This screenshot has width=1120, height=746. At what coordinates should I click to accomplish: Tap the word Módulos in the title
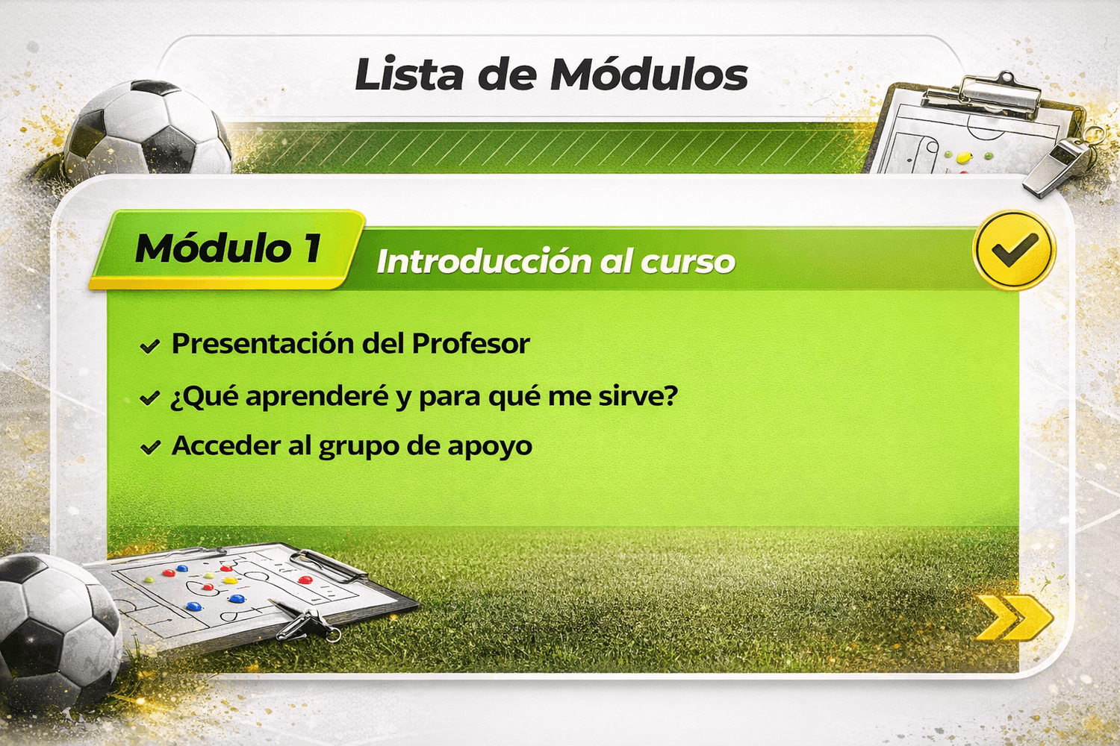tap(650, 74)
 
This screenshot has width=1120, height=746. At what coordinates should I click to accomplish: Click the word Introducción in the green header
tap(482, 261)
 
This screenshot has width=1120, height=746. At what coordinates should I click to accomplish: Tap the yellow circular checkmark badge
tap(1015, 249)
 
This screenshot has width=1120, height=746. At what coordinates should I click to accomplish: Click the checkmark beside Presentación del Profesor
tap(149, 345)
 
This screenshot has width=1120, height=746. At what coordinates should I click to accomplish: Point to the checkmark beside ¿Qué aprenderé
tap(149, 398)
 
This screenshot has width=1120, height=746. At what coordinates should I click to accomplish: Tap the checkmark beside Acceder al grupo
tap(149, 448)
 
